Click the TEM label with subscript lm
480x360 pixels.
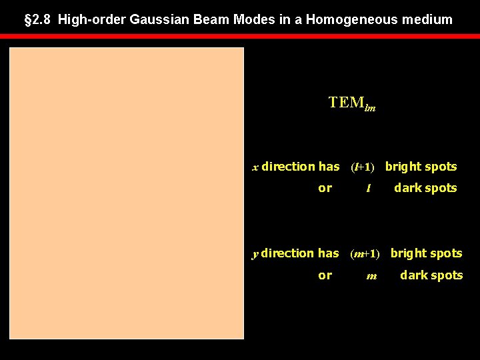click(x=351, y=103)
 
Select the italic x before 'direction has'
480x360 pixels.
click(x=255, y=167)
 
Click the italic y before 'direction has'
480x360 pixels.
click(x=255, y=254)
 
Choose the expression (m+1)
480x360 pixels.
click(x=365, y=254)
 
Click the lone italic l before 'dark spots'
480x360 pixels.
click(x=368, y=189)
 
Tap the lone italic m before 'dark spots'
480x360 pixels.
click(x=371, y=276)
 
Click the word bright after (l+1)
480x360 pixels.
click(x=403, y=167)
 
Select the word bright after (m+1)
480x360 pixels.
click(x=408, y=253)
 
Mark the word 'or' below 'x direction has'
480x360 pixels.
click(x=325, y=188)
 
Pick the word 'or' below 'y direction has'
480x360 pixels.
click(x=325, y=275)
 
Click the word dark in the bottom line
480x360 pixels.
click(x=413, y=275)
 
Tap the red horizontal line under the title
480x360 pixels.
click(x=240, y=36)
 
